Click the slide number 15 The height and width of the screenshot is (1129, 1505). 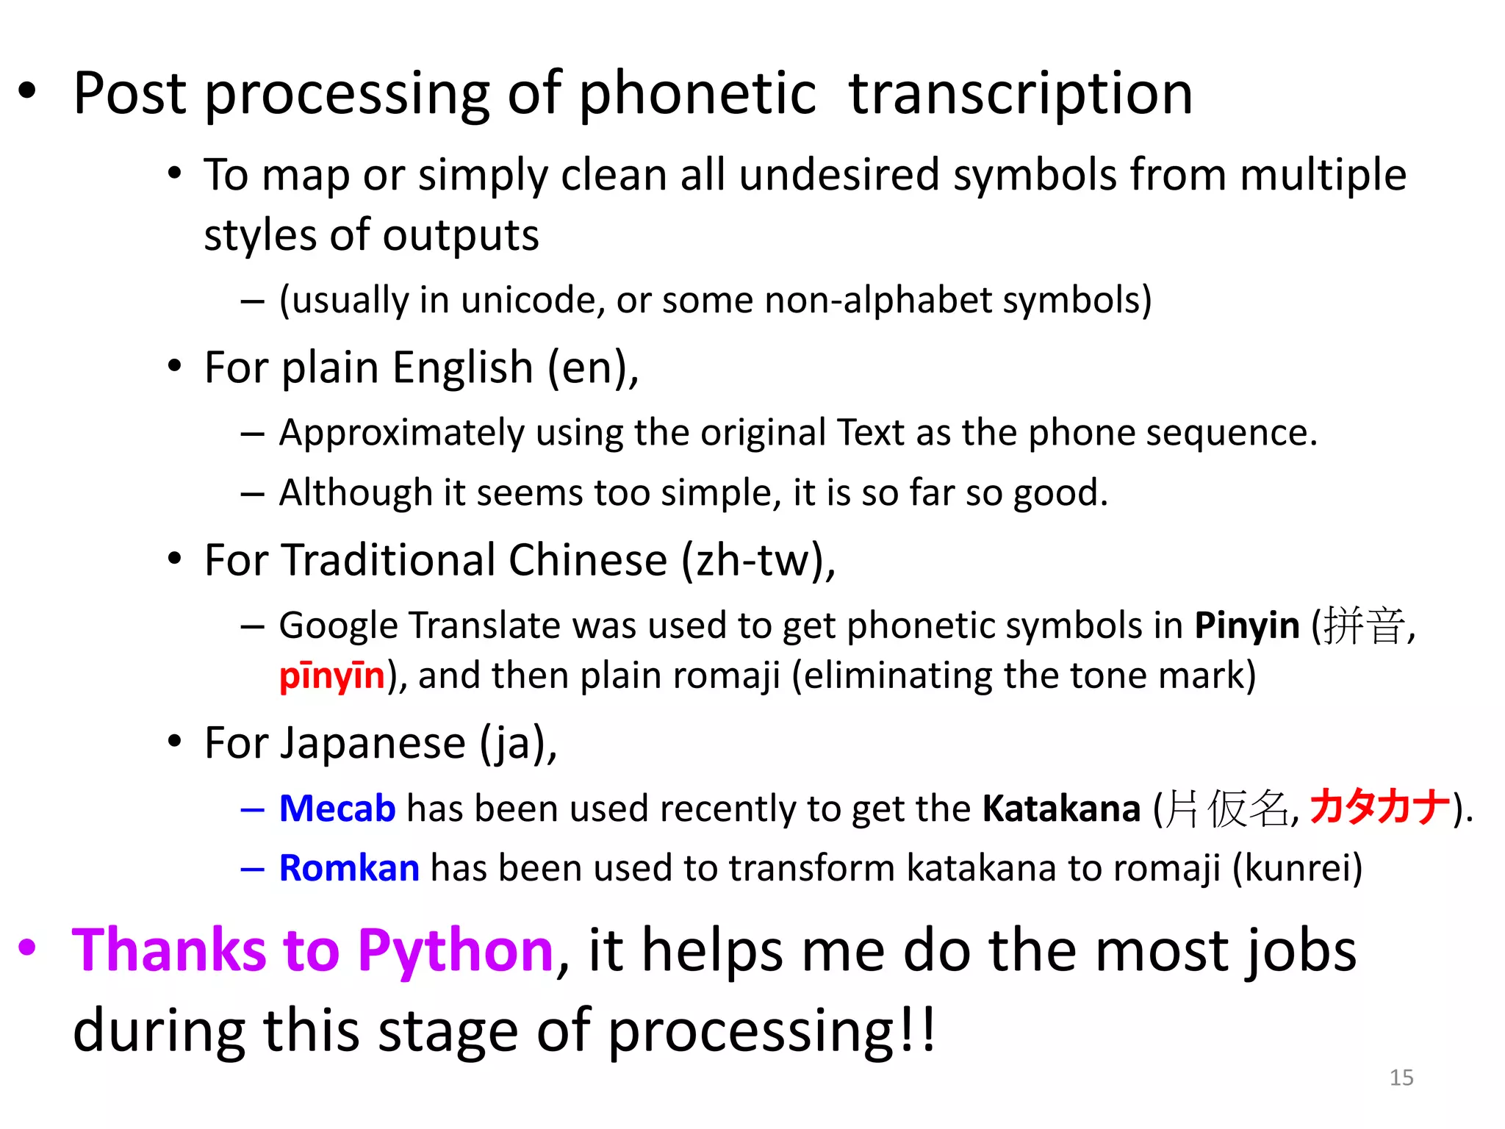pos(1401,1078)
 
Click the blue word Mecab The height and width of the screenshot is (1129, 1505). pos(337,809)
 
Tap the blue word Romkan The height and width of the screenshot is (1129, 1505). pos(349,868)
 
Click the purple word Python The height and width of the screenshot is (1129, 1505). pos(456,950)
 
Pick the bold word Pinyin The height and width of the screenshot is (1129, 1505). pos(1247,626)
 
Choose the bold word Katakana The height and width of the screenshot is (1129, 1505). pos(1061,809)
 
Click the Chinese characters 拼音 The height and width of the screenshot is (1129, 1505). pos(1364,626)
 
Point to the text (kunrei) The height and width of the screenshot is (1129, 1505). pos(1297,868)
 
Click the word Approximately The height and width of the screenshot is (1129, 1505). pos(401,433)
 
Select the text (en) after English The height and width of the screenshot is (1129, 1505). pos(592,368)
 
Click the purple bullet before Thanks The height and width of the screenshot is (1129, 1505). pos(27,947)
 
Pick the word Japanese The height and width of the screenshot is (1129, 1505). pos(335,743)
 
